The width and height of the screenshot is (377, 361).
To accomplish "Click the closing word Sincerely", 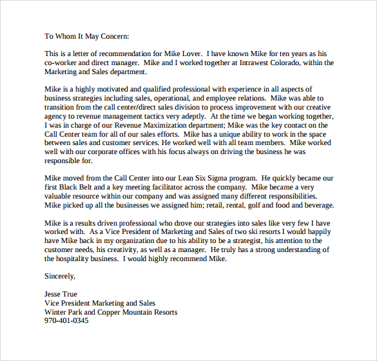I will tap(60, 276).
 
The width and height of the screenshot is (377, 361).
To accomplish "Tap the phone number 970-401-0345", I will tap(66, 320).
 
